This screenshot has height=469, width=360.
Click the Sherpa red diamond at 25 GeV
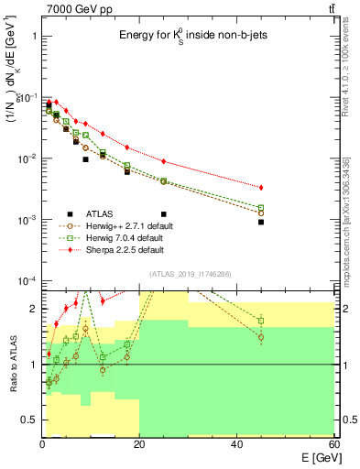[164, 161]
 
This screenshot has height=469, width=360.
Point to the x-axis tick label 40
[237, 444]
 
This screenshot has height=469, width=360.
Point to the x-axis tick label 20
[139, 444]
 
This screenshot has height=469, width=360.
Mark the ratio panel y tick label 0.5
[29, 420]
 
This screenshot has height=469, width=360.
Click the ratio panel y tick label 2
[33, 309]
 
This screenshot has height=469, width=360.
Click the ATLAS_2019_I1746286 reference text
[191, 274]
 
